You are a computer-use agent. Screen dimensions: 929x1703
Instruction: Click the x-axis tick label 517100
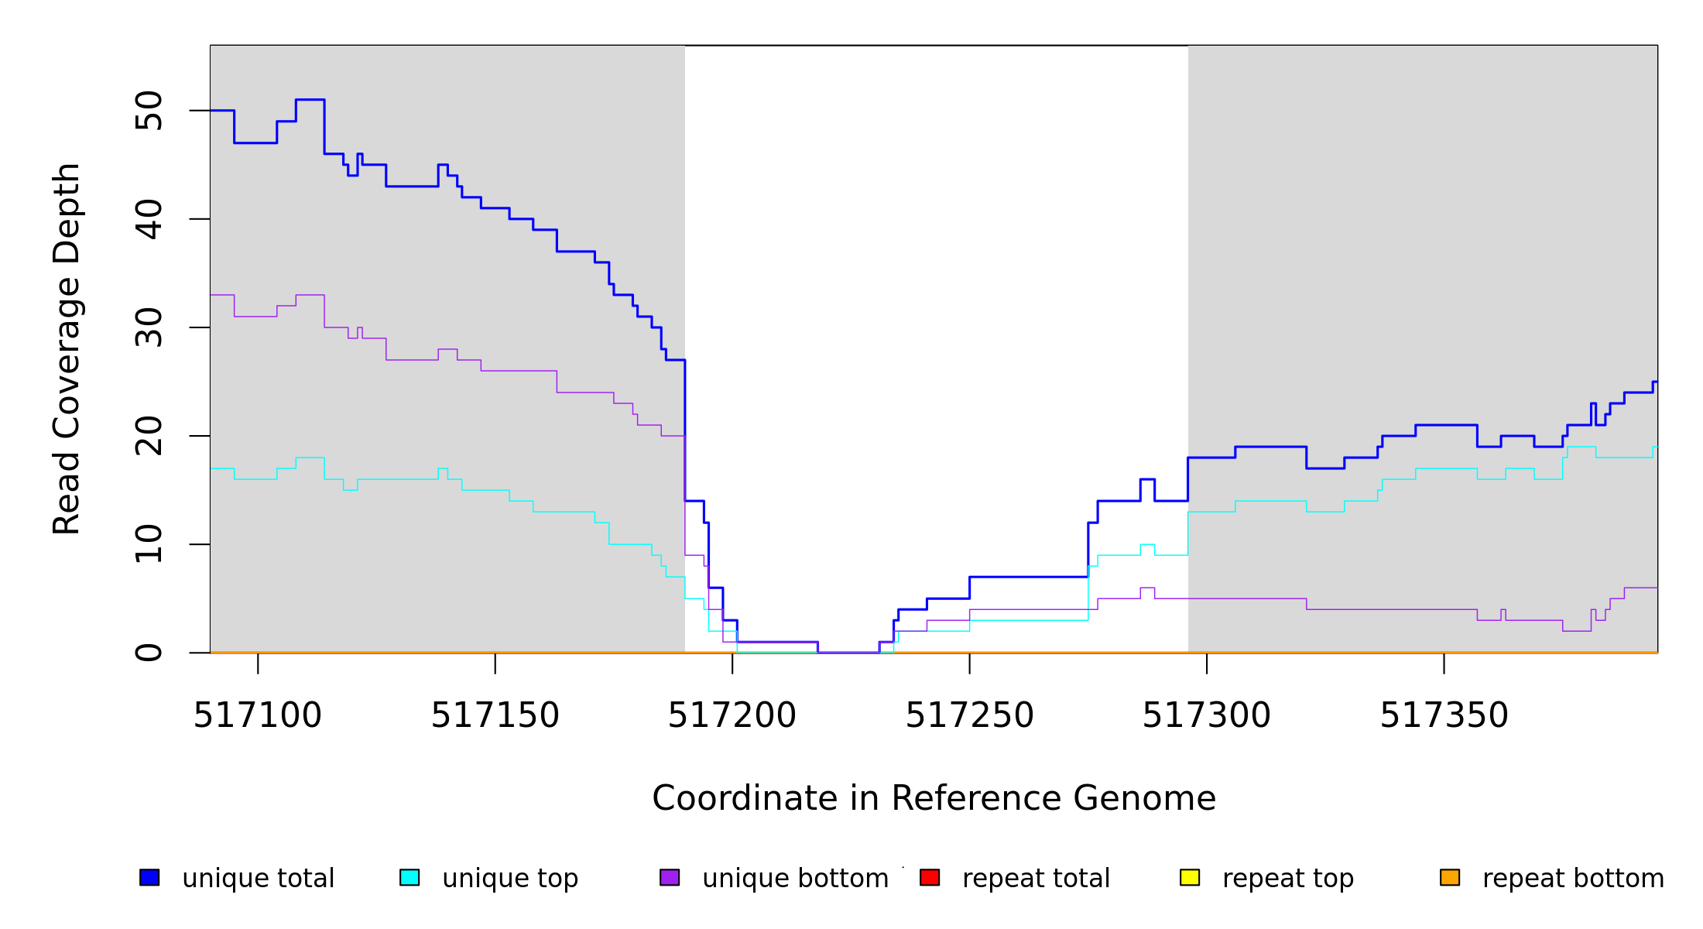coord(257,715)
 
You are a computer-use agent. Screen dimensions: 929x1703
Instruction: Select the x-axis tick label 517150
coord(495,715)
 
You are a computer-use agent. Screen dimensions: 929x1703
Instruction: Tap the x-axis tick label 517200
coord(732,715)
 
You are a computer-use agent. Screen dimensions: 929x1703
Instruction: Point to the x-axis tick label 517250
coord(969,715)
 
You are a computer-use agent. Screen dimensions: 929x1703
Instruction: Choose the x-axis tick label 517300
coord(1206,715)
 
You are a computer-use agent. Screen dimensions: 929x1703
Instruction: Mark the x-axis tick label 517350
coord(1444,715)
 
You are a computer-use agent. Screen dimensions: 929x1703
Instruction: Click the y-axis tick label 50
coord(149,111)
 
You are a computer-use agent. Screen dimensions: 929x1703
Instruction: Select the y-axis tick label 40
coord(149,219)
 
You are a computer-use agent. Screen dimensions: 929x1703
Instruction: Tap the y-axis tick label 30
coord(149,327)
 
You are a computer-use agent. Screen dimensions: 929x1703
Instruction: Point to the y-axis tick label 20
coord(149,436)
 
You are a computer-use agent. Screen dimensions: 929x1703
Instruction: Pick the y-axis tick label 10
coord(149,544)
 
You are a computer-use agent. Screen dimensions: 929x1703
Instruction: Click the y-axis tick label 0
coord(149,653)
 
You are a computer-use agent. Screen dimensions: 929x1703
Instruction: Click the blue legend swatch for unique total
coord(149,877)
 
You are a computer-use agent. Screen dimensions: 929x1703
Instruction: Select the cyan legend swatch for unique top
coord(409,877)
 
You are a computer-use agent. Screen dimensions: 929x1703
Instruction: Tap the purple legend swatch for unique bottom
coord(670,877)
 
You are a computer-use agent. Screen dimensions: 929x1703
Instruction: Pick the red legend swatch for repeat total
coord(930,877)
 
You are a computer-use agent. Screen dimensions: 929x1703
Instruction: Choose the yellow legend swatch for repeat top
coord(1190,877)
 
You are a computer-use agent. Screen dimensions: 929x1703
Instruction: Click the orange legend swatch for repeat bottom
coord(1450,877)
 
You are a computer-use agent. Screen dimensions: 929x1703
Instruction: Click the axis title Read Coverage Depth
coord(67,348)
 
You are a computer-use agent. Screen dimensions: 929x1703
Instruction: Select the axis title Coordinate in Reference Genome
coord(934,798)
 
